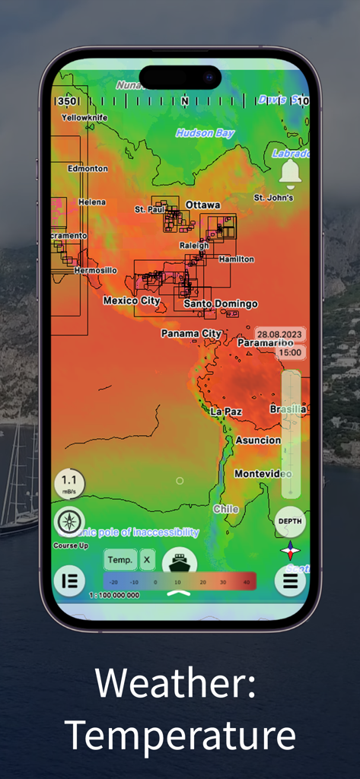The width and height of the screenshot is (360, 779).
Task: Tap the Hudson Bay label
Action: tap(205, 133)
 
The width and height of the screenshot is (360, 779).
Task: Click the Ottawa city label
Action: tap(202, 205)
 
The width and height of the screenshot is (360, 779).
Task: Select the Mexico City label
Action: tap(132, 300)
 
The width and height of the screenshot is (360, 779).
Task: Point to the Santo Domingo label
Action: tap(221, 304)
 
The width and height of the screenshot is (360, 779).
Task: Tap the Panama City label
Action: tap(191, 333)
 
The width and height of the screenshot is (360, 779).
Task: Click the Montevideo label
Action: tap(263, 473)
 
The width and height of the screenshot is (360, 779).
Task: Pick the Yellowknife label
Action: tap(84, 118)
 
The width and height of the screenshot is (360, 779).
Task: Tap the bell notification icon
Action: tap(290, 173)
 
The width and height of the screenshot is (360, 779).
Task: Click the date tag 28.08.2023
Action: tap(279, 334)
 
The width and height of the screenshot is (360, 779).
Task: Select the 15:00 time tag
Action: tap(289, 352)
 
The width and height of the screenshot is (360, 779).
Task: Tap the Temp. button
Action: tap(119, 560)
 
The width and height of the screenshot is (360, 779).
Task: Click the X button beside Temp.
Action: tap(147, 560)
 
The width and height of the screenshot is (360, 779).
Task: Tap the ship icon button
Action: tap(180, 563)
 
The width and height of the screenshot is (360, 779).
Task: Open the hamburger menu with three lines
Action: tap(290, 581)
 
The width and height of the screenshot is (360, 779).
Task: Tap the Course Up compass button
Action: tap(69, 523)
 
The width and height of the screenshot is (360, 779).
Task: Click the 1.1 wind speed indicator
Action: tap(69, 482)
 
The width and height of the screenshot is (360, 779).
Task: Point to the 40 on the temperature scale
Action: tap(245, 582)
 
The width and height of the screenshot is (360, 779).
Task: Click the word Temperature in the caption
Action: tap(180, 736)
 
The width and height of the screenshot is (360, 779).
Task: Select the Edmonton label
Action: tap(88, 168)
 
